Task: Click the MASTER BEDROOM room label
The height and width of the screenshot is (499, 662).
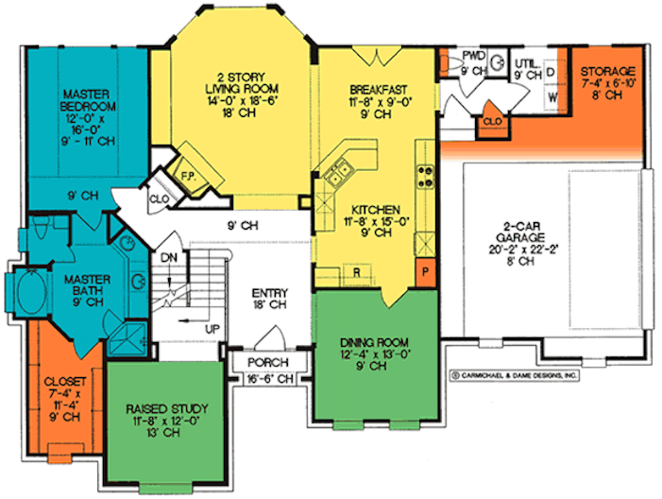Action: click(x=88, y=100)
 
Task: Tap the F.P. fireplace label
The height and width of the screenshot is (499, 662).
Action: click(x=188, y=176)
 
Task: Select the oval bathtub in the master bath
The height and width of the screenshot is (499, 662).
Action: click(x=32, y=292)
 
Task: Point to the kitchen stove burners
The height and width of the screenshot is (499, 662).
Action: click(x=426, y=177)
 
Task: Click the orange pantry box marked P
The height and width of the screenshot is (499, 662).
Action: click(x=426, y=272)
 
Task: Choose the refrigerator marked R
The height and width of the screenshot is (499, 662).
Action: click(x=357, y=273)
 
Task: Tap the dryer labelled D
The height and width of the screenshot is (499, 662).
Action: click(x=551, y=73)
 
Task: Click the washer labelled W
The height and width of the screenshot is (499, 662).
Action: click(x=552, y=97)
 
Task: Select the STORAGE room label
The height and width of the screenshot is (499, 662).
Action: click(x=607, y=71)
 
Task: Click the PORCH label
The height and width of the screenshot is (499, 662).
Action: click(x=268, y=362)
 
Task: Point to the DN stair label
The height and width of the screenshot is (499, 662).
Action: click(x=169, y=257)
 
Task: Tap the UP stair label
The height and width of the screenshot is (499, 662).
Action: click(x=212, y=329)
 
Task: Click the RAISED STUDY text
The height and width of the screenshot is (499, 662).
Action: click(x=167, y=409)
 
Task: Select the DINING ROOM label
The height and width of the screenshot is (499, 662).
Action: click(x=374, y=342)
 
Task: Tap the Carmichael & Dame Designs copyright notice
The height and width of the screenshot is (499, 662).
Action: click(x=515, y=375)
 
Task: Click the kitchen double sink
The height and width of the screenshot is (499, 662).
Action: click(x=338, y=174)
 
